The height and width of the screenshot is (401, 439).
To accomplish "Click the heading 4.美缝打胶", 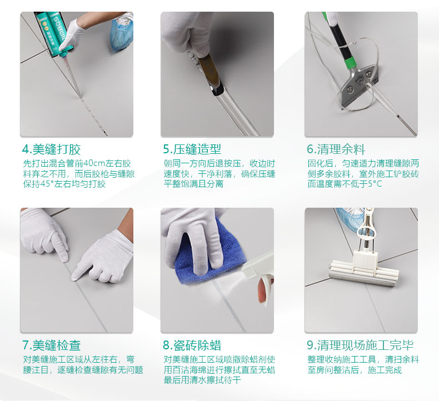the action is [x=52, y=149].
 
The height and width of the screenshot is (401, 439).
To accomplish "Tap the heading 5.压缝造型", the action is [x=192, y=149].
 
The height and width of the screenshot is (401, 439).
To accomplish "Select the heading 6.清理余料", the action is [x=336, y=149].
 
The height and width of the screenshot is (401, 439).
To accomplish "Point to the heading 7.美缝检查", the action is [x=52, y=345].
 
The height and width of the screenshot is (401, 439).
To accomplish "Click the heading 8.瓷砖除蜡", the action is [x=192, y=345].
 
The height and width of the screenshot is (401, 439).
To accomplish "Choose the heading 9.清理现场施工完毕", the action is [x=360, y=345].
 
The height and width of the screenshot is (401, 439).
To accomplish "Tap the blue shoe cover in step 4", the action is [x=121, y=34].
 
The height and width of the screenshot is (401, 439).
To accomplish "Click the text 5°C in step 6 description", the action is [x=375, y=184].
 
